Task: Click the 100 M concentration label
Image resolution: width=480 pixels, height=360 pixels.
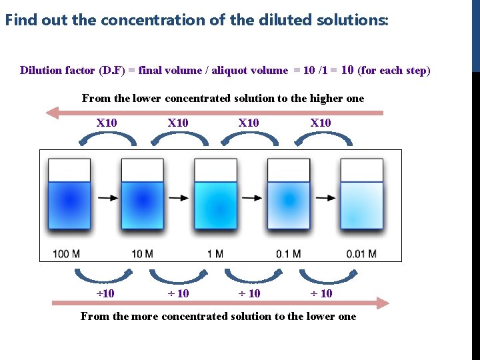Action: (67, 254)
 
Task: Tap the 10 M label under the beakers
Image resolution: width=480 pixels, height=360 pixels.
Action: (143, 254)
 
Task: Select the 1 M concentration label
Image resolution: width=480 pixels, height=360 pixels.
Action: (215, 254)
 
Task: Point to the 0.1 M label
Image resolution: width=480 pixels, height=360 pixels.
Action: (288, 254)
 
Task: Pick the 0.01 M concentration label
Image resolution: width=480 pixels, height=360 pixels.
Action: (361, 254)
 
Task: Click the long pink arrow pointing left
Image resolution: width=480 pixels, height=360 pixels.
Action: (213, 113)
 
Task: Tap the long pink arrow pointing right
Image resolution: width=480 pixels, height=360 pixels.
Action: (220, 303)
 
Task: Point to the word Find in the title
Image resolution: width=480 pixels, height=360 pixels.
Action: (21, 20)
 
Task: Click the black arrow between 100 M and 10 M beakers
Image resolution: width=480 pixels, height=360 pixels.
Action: (105, 198)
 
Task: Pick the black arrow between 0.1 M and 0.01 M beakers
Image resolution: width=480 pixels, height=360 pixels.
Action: (325, 198)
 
